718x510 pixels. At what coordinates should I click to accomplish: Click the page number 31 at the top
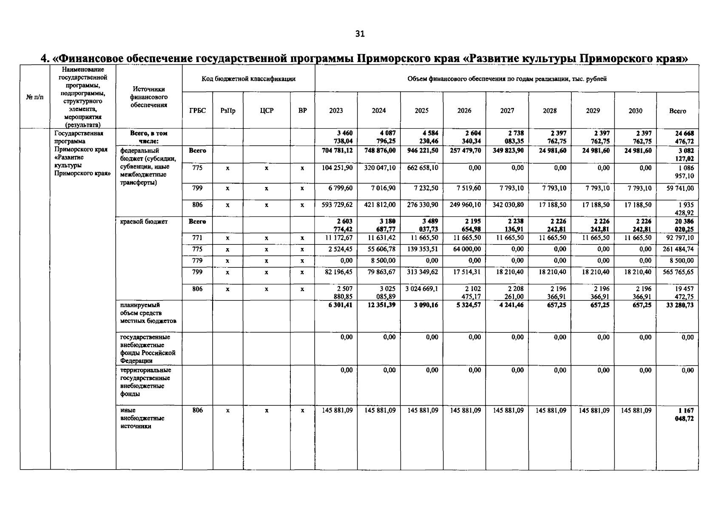click(360, 34)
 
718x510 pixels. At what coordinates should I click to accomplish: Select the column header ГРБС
click(197, 110)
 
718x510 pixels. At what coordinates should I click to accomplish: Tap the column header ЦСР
click(267, 110)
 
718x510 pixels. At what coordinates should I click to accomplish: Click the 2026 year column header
click(464, 110)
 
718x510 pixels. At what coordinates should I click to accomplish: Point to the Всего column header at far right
click(677, 111)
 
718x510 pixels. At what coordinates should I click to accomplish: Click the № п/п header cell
click(35, 97)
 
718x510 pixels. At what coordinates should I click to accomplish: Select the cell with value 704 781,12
click(337, 150)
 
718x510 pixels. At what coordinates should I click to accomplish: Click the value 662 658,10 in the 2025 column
click(423, 168)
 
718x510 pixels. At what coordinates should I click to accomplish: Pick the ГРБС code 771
click(197, 238)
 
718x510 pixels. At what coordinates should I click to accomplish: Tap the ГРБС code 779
click(197, 261)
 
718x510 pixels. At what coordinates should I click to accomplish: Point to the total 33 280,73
click(678, 305)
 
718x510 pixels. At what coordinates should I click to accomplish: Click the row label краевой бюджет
click(144, 221)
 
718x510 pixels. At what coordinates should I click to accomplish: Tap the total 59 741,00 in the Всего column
click(678, 188)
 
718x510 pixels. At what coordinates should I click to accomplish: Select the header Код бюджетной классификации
click(248, 79)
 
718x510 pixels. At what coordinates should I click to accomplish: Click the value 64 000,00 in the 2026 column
click(465, 249)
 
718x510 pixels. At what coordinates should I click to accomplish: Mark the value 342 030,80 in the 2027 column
click(508, 205)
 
